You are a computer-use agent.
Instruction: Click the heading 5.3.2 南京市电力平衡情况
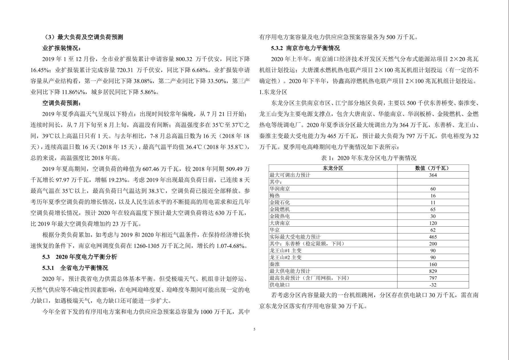(305, 48)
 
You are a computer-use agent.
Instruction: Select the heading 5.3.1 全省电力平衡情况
(75, 268)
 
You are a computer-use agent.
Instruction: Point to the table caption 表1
(368, 158)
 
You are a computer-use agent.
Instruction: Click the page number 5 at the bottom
(254, 330)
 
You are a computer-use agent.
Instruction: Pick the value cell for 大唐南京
(433, 223)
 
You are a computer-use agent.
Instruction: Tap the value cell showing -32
(433, 285)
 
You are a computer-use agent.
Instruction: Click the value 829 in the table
(433, 271)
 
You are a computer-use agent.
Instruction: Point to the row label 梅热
(275, 196)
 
